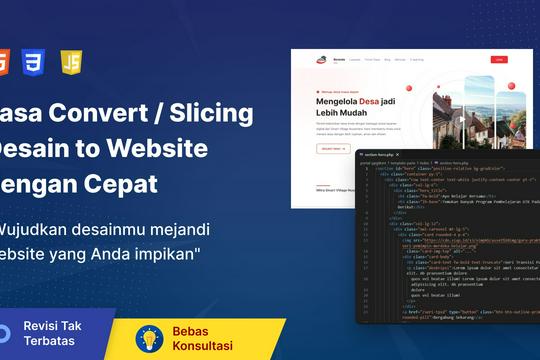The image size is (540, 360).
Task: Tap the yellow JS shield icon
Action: [71, 63]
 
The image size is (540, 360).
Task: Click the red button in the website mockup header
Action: [499, 60]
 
